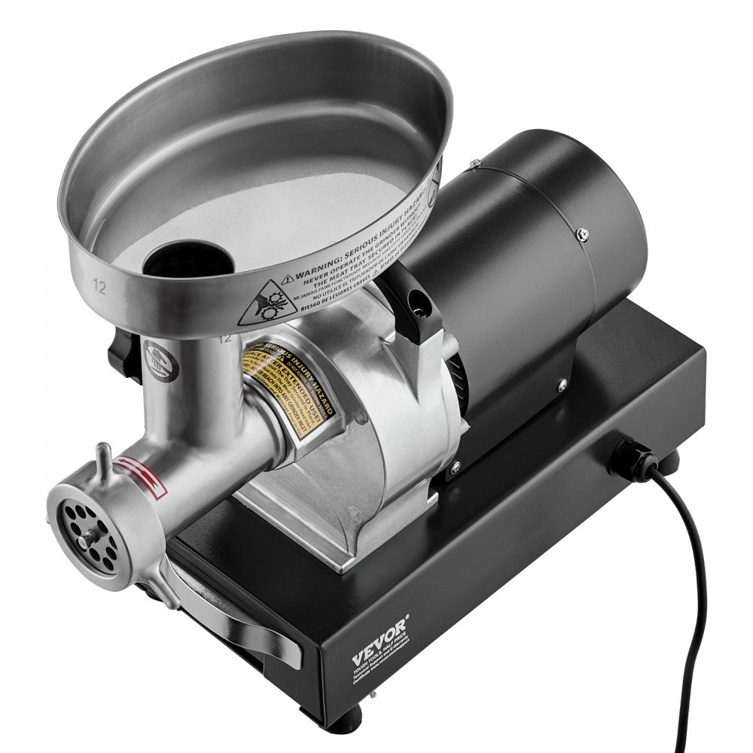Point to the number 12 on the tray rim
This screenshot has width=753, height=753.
99,287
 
